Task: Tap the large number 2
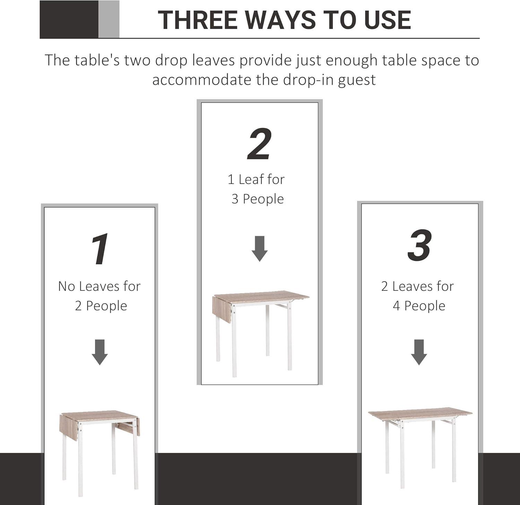(x=259, y=144)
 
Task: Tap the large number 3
(x=419, y=245)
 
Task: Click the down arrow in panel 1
(x=99, y=352)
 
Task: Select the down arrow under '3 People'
(x=259, y=249)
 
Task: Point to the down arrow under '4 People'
(x=419, y=352)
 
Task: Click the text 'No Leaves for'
(x=99, y=286)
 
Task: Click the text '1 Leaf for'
(x=256, y=180)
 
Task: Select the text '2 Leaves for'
(x=417, y=286)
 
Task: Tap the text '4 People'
(x=419, y=306)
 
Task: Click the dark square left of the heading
(x=69, y=19)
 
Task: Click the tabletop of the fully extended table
(x=419, y=413)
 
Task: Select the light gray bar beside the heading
(x=109, y=19)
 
